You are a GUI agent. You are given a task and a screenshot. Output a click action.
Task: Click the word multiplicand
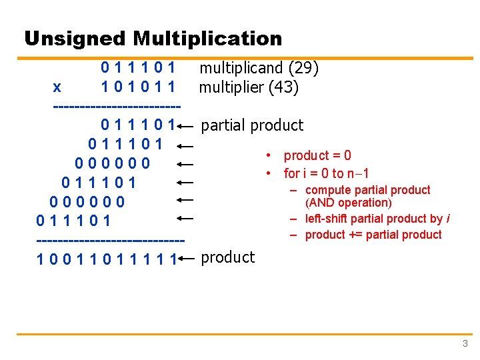[241, 68]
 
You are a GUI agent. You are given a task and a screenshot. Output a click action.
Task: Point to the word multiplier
[231, 87]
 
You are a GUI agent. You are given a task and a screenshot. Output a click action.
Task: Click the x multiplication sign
[57, 87]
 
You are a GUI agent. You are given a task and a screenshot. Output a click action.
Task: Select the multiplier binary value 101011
[138, 87]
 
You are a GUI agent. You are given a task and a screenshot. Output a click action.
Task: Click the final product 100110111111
[106, 259]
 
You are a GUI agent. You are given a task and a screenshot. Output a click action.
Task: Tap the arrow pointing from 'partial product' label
[186, 125]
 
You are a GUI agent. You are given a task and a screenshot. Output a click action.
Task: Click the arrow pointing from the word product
[186, 259]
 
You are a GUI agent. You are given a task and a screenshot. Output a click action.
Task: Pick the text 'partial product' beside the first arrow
[251, 125]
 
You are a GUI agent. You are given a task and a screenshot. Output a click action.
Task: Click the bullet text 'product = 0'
[317, 156]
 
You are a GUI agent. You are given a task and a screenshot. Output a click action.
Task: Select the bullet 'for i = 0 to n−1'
[327, 174]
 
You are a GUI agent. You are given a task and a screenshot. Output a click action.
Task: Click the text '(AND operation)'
[348, 203]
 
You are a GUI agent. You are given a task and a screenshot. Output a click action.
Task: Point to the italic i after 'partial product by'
[447, 219]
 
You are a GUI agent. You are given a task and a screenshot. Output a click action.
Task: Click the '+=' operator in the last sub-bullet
[355, 235]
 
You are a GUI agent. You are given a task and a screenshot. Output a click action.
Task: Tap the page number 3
[465, 344]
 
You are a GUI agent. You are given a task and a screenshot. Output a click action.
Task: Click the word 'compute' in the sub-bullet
[327, 190]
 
